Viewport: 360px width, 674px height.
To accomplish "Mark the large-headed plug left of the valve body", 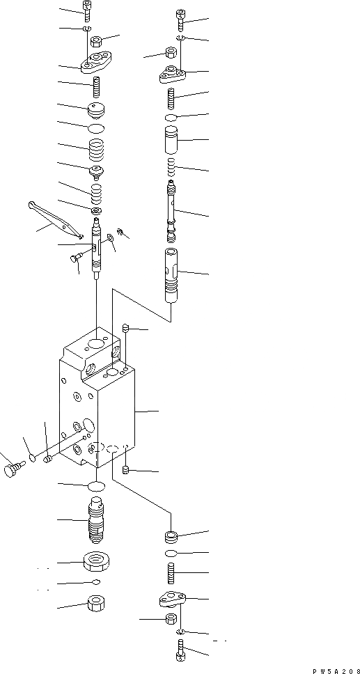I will pos(11,470).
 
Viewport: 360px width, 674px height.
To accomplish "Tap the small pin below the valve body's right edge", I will pos(126,471).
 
